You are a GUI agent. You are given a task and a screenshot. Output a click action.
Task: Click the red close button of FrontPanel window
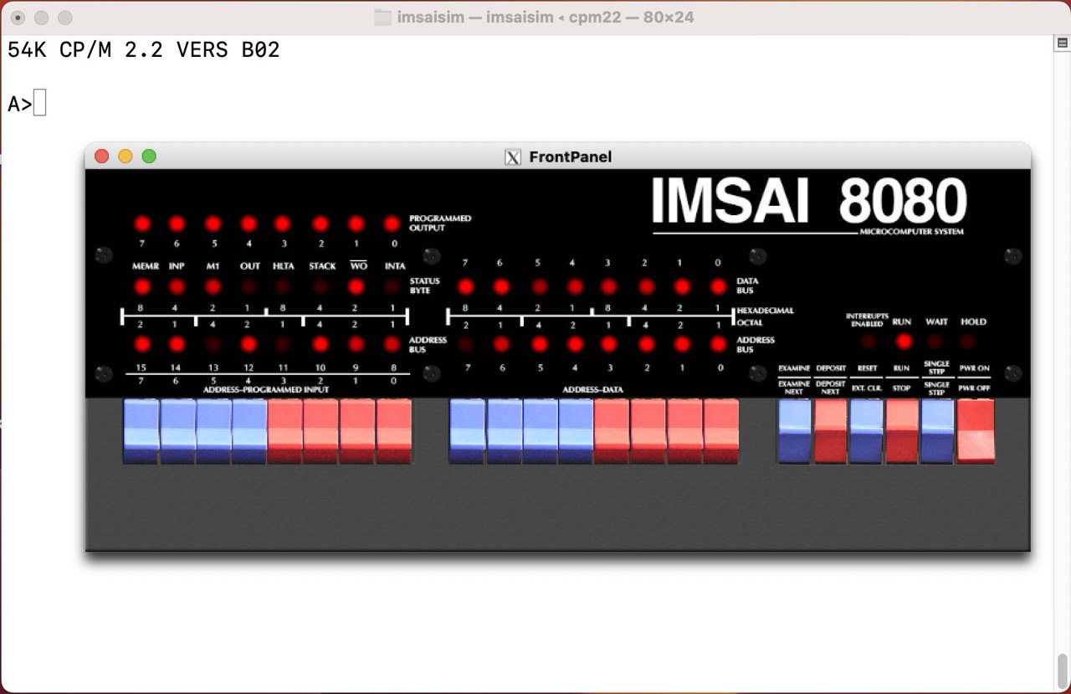click(x=102, y=157)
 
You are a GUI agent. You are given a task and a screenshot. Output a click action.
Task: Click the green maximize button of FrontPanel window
click(x=149, y=157)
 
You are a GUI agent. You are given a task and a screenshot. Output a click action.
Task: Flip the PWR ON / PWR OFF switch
click(x=976, y=430)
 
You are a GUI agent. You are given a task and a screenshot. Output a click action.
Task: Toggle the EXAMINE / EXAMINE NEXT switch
click(x=794, y=430)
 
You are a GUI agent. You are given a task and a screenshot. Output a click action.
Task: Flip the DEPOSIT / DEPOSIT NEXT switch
click(x=831, y=430)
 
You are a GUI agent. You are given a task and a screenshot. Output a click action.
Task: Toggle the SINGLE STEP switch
click(x=937, y=430)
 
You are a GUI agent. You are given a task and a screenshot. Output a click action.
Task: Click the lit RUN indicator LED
click(x=903, y=341)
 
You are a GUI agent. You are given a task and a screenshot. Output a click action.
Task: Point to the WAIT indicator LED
click(x=935, y=341)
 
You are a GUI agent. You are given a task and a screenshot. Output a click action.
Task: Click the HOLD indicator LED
click(x=968, y=341)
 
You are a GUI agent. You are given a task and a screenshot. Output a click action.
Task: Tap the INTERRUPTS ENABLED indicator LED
click(x=869, y=341)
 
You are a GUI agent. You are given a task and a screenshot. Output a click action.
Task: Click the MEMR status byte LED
click(x=142, y=287)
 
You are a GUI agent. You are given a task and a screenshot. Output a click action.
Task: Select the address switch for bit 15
click(x=141, y=430)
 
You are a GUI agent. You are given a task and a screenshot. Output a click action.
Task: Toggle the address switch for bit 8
click(x=394, y=430)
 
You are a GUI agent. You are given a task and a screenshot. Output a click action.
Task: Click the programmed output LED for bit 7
click(x=142, y=224)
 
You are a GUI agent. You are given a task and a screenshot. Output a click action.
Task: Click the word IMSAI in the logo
click(x=730, y=202)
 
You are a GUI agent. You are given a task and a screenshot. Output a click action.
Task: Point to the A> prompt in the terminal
click(x=19, y=105)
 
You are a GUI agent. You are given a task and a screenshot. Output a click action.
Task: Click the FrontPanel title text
click(x=570, y=157)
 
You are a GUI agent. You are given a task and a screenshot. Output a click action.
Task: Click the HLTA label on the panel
click(x=284, y=266)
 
